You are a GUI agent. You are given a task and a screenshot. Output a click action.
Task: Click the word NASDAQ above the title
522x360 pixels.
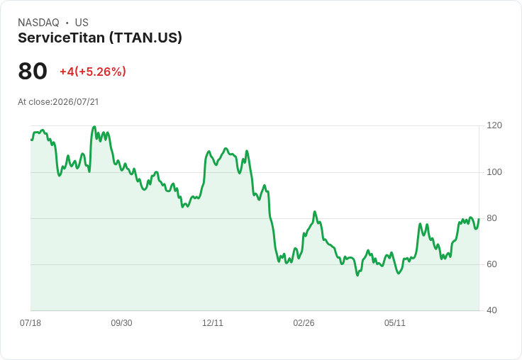click(38, 23)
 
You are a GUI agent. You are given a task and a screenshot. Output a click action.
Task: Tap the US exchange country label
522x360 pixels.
click(82, 23)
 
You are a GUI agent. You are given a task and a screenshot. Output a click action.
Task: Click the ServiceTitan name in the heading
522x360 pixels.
click(61, 38)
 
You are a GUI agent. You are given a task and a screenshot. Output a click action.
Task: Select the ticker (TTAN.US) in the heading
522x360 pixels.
click(146, 38)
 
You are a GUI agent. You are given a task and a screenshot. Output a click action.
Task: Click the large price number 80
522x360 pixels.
click(33, 71)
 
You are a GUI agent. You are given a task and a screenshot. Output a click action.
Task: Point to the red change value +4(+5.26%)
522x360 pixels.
click(93, 72)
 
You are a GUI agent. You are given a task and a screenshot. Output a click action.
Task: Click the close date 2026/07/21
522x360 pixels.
click(76, 102)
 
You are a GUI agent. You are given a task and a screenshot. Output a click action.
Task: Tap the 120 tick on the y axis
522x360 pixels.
click(494, 125)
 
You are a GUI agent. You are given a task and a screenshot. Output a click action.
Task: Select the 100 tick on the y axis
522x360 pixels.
click(494, 172)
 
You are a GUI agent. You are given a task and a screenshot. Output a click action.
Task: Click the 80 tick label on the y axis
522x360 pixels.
click(492, 218)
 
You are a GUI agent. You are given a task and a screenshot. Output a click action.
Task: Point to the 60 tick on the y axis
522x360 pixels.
click(492, 264)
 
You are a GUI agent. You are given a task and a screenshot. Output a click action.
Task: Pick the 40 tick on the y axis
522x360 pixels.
click(492, 310)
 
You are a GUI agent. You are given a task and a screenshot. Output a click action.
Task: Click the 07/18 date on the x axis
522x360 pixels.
click(30, 323)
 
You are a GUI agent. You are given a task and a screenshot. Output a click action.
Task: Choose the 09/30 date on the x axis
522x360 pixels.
click(121, 323)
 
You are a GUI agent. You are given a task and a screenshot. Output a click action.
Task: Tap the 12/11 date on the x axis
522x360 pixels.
click(213, 323)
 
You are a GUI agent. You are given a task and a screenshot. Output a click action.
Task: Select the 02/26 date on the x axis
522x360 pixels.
click(304, 323)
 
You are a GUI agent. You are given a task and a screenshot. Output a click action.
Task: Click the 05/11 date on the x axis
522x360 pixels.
click(395, 323)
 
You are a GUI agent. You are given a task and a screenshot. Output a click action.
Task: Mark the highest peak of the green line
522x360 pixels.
click(94, 126)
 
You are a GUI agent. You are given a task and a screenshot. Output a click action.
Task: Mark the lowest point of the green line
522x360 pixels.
click(357, 275)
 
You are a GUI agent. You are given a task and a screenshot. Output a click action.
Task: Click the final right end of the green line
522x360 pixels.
click(479, 219)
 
